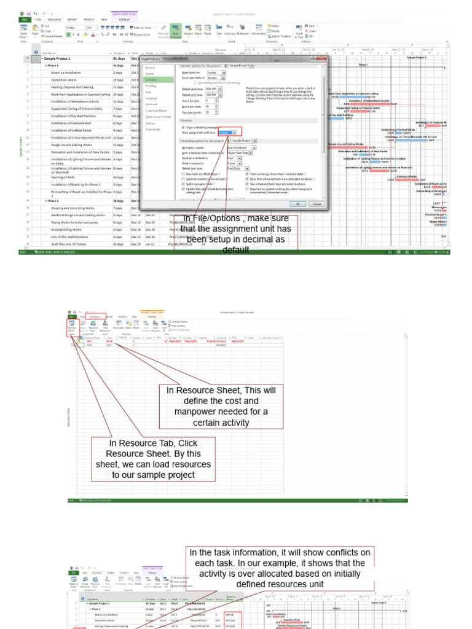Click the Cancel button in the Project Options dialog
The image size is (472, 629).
pos(316,203)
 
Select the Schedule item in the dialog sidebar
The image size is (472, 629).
pos(151,80)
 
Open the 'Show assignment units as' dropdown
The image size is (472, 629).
pos(227,132)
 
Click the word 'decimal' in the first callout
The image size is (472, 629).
pos(262,240)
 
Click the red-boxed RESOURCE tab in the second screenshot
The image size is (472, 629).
pos(95,316)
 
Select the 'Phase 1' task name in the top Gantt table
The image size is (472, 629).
pos(52,65)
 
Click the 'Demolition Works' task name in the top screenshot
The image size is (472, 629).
pos(65,80)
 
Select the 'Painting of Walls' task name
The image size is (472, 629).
pos(65,177)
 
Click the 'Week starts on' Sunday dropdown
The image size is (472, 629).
pos(216,72)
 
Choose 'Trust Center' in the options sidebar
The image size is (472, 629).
pos(152,130)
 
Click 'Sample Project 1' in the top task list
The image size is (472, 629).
pos(57,58)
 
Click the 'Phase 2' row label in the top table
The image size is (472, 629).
pos(52,201)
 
